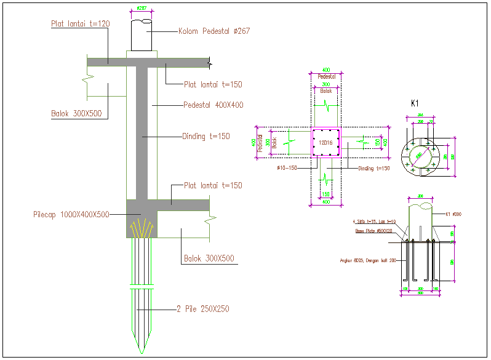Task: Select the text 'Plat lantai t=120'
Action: pos(80,23)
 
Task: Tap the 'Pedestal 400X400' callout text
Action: pos(214,105)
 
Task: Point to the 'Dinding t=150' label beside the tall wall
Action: pos(206,136)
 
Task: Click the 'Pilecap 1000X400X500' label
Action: pos(71,215)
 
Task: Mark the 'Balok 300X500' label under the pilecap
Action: pos(209,258)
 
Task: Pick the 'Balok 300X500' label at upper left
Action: pos(76,114)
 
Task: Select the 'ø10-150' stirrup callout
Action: pos(287,167)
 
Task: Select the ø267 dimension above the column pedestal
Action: pos(142,9)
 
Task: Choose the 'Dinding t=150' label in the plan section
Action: pos(374,168)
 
